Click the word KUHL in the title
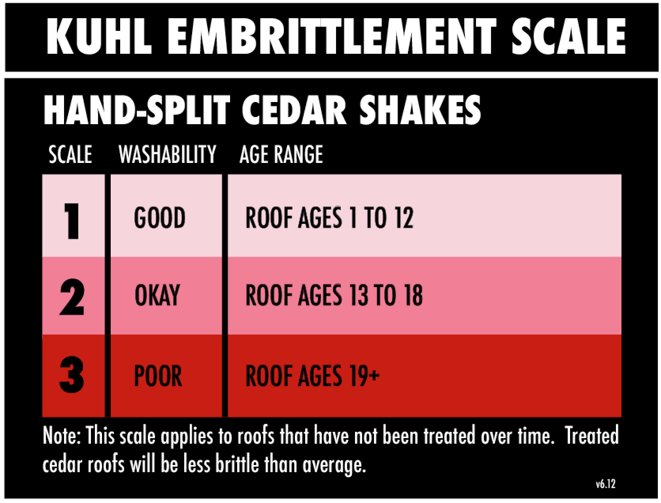point(99,36)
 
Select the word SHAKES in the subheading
point(420,110)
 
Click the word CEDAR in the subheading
point(294,110)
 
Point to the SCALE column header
point(70,154)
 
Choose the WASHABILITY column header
point(168,154)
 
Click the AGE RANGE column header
point(281,154)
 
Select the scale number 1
point(72,221)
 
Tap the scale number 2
point(72,297)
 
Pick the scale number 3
point(72,374)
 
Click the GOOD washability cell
point(160,217)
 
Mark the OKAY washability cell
point(157,295)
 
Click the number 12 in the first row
point(404,217)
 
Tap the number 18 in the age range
point(414,295)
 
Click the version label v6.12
point(606,484)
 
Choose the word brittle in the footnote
point(237,464)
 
